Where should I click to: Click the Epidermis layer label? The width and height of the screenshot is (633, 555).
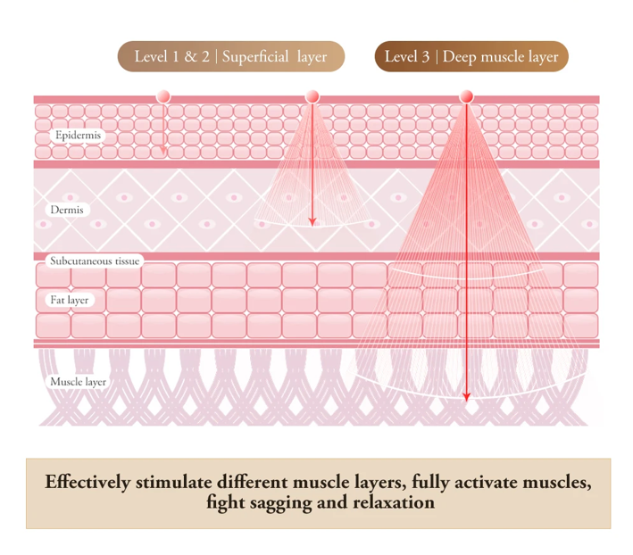point(79,136)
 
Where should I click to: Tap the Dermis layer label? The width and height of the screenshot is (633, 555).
point(68,210)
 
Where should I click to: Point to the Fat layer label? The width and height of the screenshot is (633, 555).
point(69,300)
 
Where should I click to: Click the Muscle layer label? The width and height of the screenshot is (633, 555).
point(78,382)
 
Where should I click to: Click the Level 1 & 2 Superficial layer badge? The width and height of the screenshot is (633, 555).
point(230,57)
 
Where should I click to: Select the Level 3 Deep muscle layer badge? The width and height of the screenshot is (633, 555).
point(471,57)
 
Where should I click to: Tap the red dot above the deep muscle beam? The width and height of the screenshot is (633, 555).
point(466,96)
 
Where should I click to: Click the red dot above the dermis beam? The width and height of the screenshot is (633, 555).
point(312,96)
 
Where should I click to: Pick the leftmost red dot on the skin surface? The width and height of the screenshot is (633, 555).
point(163,96)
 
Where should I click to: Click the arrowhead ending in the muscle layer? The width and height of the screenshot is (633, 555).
point(466,398)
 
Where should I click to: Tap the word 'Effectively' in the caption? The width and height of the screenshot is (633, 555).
point(87,483)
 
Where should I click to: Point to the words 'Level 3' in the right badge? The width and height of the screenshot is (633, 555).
point(406,57)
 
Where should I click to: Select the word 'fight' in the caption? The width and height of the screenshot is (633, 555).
point(222,502)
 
